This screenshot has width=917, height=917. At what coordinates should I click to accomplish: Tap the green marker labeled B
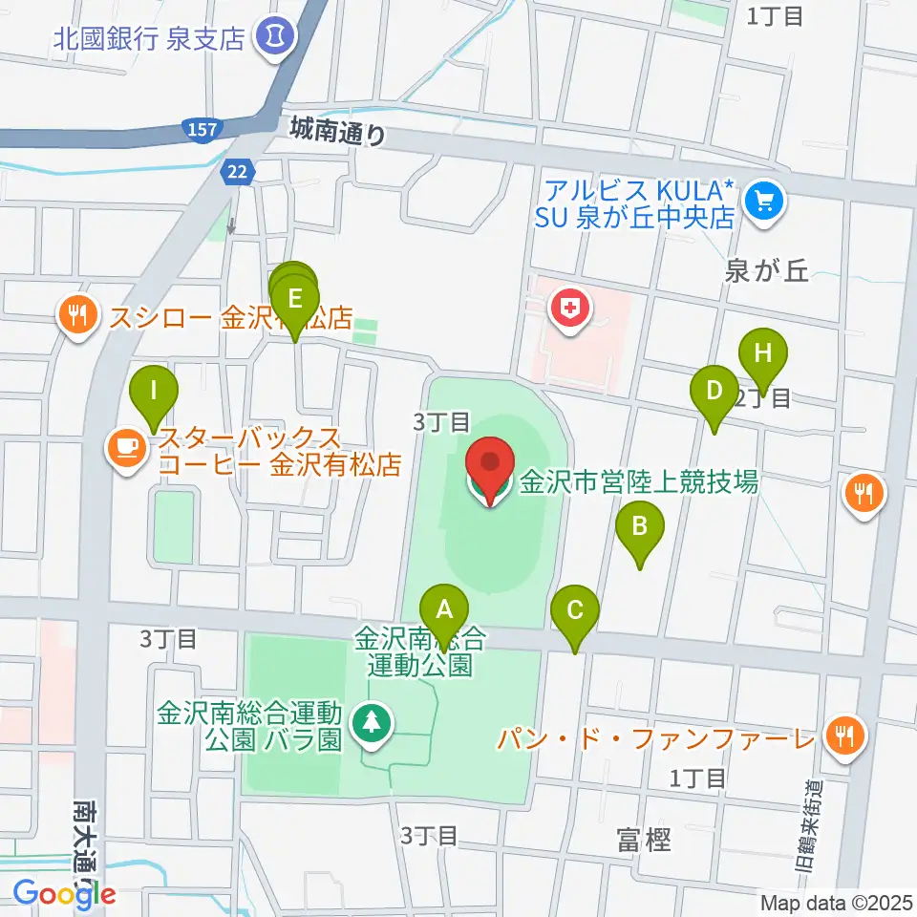coord(640,526)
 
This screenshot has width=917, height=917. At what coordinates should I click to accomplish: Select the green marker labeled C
coord(575,610)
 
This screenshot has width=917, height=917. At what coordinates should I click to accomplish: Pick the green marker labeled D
coord(714,392)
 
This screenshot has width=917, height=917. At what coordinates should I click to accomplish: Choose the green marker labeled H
coord(762,353)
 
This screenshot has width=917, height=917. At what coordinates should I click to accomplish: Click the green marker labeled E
coord(295,299)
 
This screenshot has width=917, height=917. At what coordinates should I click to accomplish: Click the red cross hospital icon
coord(571,309)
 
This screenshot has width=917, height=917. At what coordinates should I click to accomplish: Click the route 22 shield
coord(235,170)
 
